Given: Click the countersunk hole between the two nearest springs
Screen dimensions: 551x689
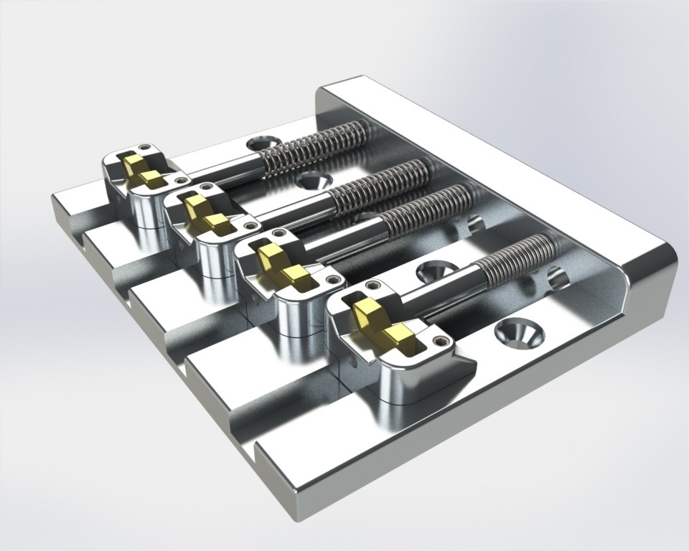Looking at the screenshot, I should pyautogui.click(x=435, y=271).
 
